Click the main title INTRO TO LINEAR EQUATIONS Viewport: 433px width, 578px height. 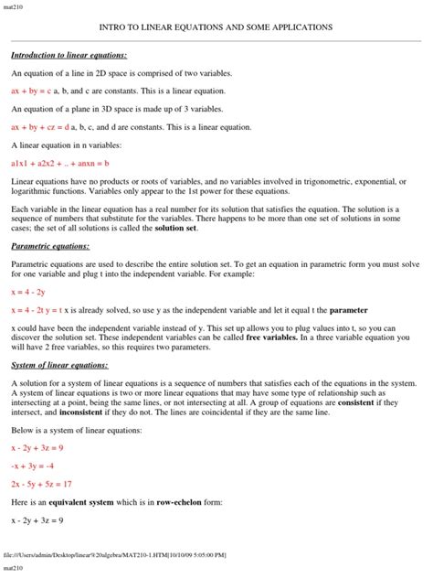pos(216,27)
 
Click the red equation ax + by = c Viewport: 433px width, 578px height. pos(32,91)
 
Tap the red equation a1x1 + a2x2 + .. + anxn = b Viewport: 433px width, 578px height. pos(59,163)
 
